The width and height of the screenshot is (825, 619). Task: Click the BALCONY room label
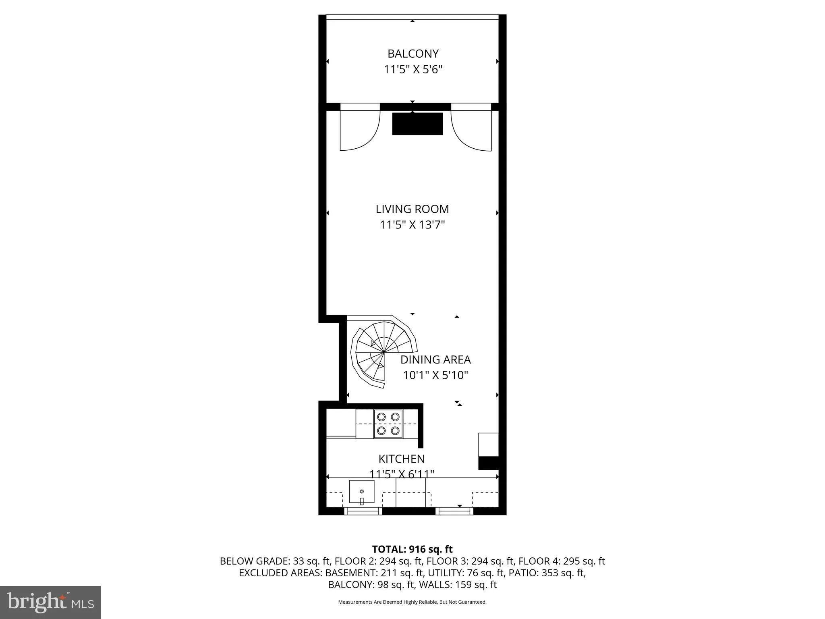tap(412, 54)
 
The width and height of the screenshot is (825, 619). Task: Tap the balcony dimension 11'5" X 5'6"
tap(412, 70)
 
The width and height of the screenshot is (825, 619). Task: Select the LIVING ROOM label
tap(412, 209)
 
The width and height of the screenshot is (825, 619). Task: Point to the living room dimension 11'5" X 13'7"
tap(412, 225)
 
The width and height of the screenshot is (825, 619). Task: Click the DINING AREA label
tap(435, 359)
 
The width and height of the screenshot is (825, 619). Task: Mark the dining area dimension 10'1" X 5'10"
tap(435, 376)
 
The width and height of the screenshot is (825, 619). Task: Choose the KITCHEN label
tap(402, 459)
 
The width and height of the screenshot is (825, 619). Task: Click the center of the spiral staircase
tap(384, 352)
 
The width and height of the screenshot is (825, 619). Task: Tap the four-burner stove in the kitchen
tap(388, 424)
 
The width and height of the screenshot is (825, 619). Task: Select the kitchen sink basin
tap(361, 492)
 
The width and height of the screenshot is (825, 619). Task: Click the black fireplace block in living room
tap(417, 124)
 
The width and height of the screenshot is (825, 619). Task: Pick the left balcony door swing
tap(360, 129)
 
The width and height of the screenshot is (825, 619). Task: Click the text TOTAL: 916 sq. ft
tap(412, 549)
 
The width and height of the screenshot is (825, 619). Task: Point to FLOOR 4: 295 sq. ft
tap(562, 561)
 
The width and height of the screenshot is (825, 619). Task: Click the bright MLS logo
tap(50, 602)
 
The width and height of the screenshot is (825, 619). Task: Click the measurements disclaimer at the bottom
tap(412, 602)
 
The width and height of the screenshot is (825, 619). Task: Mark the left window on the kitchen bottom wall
tap(363, 511)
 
